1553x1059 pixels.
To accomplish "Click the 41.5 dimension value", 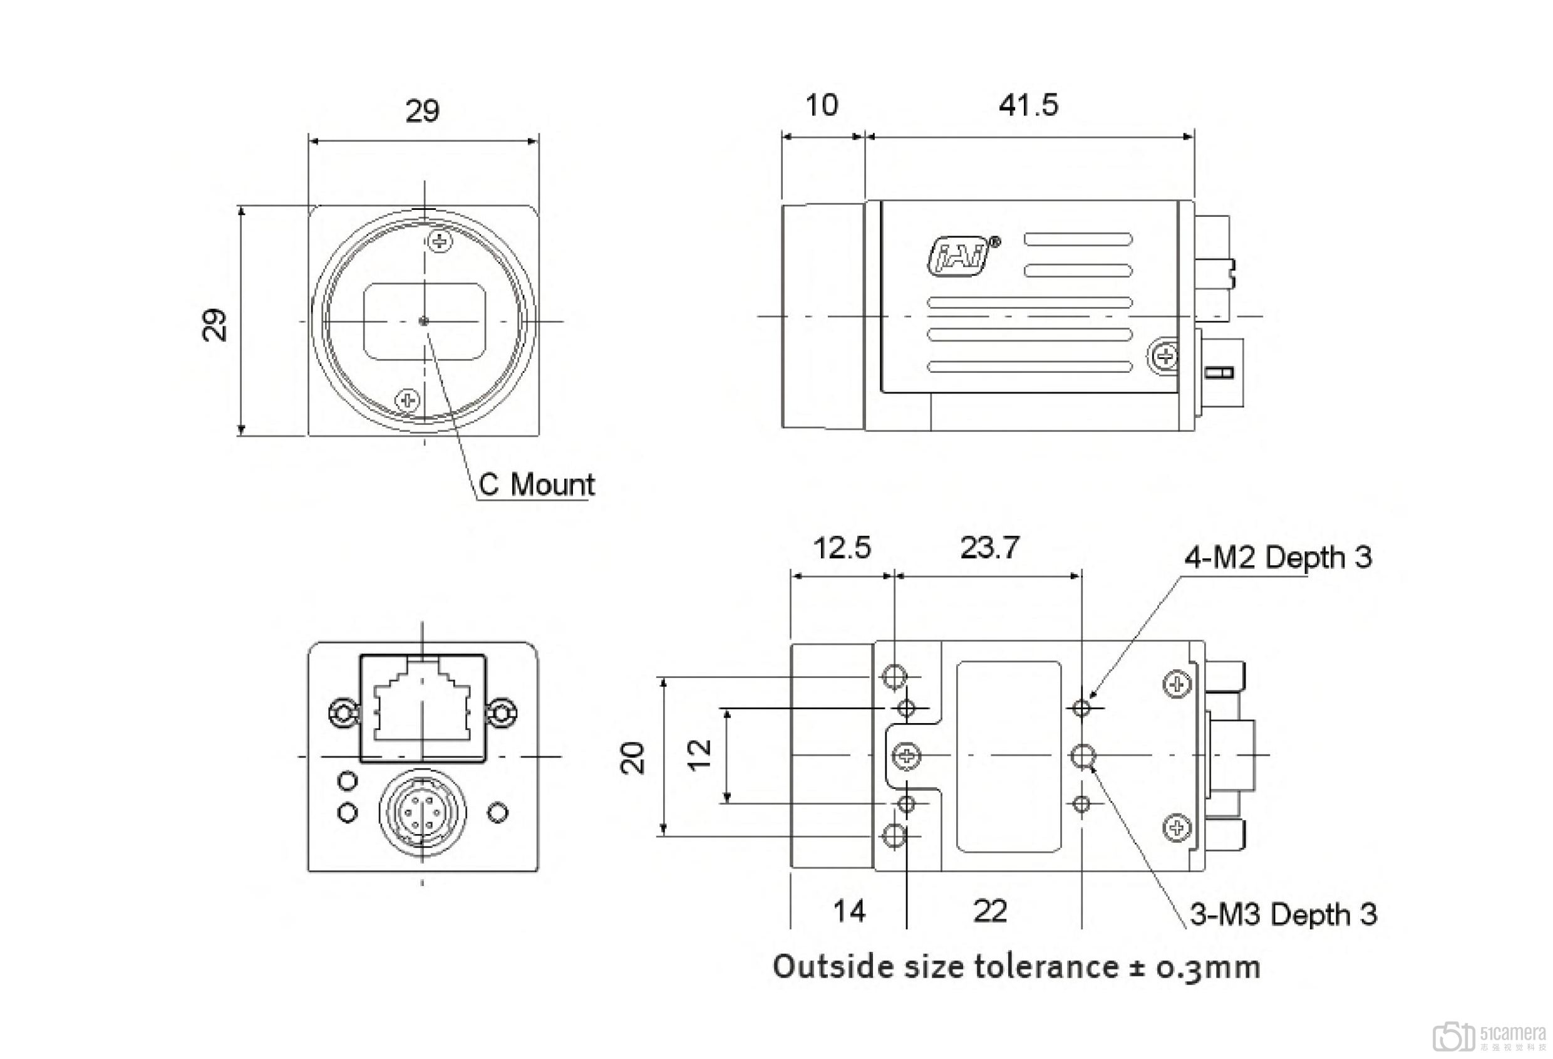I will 1028,106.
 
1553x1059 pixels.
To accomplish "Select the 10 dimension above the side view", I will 820,106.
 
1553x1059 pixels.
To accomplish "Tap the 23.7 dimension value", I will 989,548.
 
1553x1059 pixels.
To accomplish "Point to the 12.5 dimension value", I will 842,548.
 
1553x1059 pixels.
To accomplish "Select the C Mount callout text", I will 536,485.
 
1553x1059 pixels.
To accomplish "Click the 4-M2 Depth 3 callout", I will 1277,557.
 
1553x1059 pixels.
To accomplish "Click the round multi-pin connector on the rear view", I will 421,811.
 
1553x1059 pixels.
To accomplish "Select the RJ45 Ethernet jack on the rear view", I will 422,707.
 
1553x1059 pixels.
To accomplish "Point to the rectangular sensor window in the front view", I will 425,321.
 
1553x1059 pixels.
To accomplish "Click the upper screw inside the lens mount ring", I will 439,241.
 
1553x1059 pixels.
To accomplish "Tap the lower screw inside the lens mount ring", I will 407,400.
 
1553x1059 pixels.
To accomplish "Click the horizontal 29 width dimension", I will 422,111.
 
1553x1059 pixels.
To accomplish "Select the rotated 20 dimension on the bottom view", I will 633,758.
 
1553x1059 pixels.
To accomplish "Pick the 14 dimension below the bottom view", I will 849,911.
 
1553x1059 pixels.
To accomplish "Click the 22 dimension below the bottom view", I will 989,911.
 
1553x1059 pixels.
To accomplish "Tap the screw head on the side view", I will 1165,355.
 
